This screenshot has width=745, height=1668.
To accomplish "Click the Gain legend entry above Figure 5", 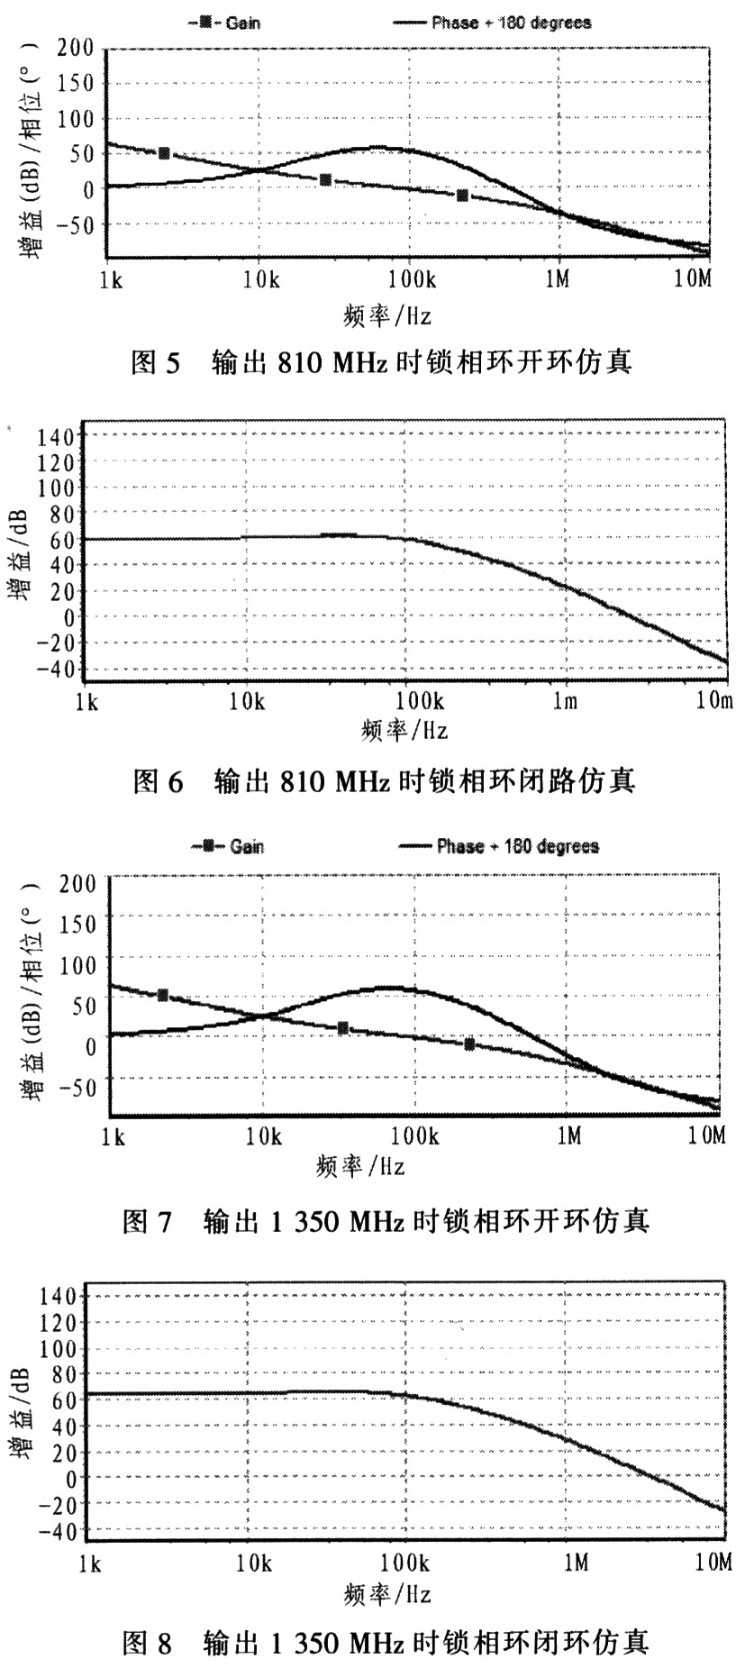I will point(226,23).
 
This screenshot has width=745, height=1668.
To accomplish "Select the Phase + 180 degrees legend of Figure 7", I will point(501,846).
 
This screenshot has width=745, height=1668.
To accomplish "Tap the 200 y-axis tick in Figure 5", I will point(76,50).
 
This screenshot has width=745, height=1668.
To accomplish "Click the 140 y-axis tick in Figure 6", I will point(56,437).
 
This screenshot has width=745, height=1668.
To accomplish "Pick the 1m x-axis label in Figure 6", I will point(566,700).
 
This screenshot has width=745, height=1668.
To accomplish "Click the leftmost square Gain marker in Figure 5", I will point(164,153).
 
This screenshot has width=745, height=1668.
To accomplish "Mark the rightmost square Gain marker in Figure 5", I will point(463,196).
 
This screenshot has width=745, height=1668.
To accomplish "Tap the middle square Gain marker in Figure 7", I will point(343,1028).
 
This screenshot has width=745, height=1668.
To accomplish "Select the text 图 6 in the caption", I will point(157,780).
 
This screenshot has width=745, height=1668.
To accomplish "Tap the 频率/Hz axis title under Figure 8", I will point(387,1594).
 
